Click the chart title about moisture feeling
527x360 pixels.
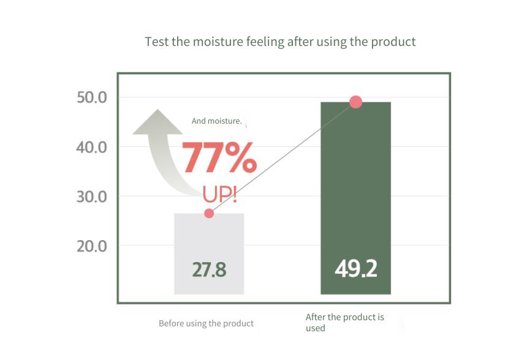[280, 42]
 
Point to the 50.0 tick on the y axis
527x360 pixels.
[92, 97]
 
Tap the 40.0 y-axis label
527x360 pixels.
[92, 147]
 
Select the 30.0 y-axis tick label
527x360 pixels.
[92, 197]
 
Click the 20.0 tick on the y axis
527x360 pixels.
[92, 246]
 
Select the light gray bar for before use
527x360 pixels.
[209, 253]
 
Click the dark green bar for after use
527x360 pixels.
[355, 198]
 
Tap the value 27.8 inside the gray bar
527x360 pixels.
[209, 269]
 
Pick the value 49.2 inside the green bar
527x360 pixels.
[356, 268]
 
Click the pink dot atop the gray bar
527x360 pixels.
[209, 213]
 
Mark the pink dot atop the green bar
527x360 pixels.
[355, 102]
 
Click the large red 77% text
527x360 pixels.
[219, 157]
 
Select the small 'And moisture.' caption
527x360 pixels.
[217, 121]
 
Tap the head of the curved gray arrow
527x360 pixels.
[157, 122]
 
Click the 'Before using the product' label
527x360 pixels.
[206, 323]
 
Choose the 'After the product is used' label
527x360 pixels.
[344, 323]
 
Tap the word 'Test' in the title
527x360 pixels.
[157, 42]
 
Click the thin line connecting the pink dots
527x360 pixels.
[282, 158]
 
